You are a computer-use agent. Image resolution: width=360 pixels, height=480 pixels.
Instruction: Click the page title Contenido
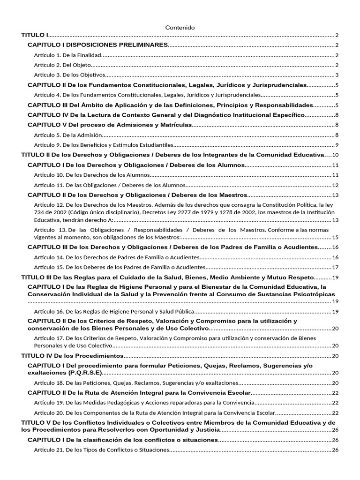coord(180,28)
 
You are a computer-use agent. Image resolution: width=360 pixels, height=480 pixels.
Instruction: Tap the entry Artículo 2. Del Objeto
coord(62,65)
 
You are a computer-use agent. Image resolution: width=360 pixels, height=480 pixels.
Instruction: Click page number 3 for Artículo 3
coord(337,75)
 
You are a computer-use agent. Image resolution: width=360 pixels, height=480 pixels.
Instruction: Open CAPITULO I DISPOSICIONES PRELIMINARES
coord(97,45)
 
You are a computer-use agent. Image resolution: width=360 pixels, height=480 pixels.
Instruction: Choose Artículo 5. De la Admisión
coord(68,135)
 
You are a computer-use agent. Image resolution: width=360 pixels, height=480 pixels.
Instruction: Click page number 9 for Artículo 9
coord(337,144)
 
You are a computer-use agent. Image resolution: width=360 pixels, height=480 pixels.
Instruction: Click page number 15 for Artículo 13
coord(335,237)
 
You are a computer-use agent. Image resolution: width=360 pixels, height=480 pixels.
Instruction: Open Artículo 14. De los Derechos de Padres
coord(117,257)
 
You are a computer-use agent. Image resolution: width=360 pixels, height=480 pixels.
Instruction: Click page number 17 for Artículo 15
coord(335,267)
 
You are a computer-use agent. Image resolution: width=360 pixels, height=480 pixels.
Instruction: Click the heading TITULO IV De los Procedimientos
coord(73,356)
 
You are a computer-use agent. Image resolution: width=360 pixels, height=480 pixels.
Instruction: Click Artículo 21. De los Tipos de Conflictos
coord(101,450)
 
